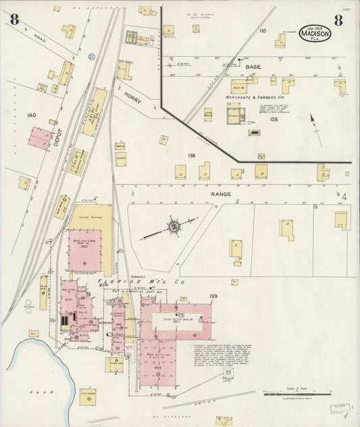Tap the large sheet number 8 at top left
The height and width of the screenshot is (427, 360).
[14, 20]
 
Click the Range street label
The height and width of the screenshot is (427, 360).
[220, 194]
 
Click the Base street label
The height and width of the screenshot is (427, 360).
[253, 68]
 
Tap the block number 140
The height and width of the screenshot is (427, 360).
[31, 116]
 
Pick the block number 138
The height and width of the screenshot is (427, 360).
[191, 155]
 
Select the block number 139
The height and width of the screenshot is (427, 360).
[213, 296]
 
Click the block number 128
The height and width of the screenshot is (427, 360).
[274, 119]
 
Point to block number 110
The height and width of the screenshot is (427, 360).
[263, 31]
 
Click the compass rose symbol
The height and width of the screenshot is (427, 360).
[174, 227]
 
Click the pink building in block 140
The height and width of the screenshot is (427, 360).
[41, 138]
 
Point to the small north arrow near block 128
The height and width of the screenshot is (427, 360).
[313, 123]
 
